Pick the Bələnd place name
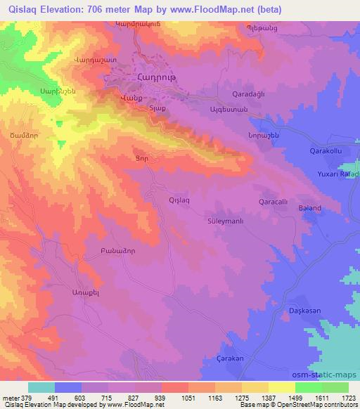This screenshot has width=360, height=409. (309, 209)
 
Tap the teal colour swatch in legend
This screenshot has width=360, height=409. (41, 387)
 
